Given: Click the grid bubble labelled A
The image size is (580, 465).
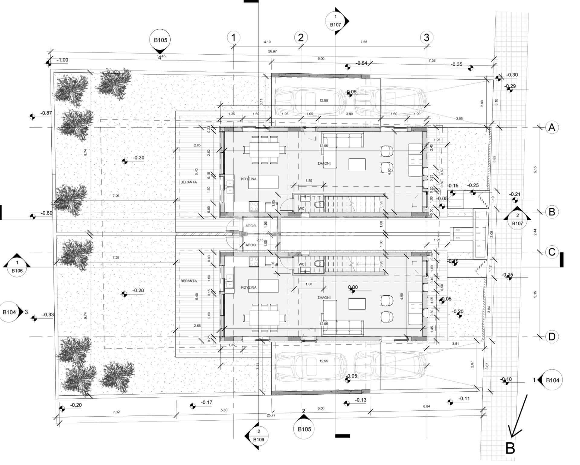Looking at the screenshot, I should (552, 127).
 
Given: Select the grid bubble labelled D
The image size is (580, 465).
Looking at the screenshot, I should (552, 336).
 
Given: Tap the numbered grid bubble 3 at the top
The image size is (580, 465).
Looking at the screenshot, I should (426, 37).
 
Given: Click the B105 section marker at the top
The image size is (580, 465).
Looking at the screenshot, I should (160, 40).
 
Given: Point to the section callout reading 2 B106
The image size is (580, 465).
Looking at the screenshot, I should (258, 436).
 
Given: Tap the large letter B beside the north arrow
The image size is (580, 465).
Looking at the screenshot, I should (510, 448).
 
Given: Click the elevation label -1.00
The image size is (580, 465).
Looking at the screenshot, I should (62, 60).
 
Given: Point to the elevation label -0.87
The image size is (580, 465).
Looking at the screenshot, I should (46, 113).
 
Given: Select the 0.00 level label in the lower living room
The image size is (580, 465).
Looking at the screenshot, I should (353, 287).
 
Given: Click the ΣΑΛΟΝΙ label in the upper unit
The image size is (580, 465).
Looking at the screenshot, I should (324, 163).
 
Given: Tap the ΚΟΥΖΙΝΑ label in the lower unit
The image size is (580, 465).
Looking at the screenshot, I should (249, 287).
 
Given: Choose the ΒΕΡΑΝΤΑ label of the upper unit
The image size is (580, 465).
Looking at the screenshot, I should (188, 182).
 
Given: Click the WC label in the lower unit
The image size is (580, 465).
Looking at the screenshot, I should (301, 264).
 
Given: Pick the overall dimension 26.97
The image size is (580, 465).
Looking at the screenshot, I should (272, 51).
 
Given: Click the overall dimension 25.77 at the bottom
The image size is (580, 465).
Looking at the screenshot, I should (271, 415).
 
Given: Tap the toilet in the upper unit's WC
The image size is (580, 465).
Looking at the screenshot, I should (318, 205).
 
